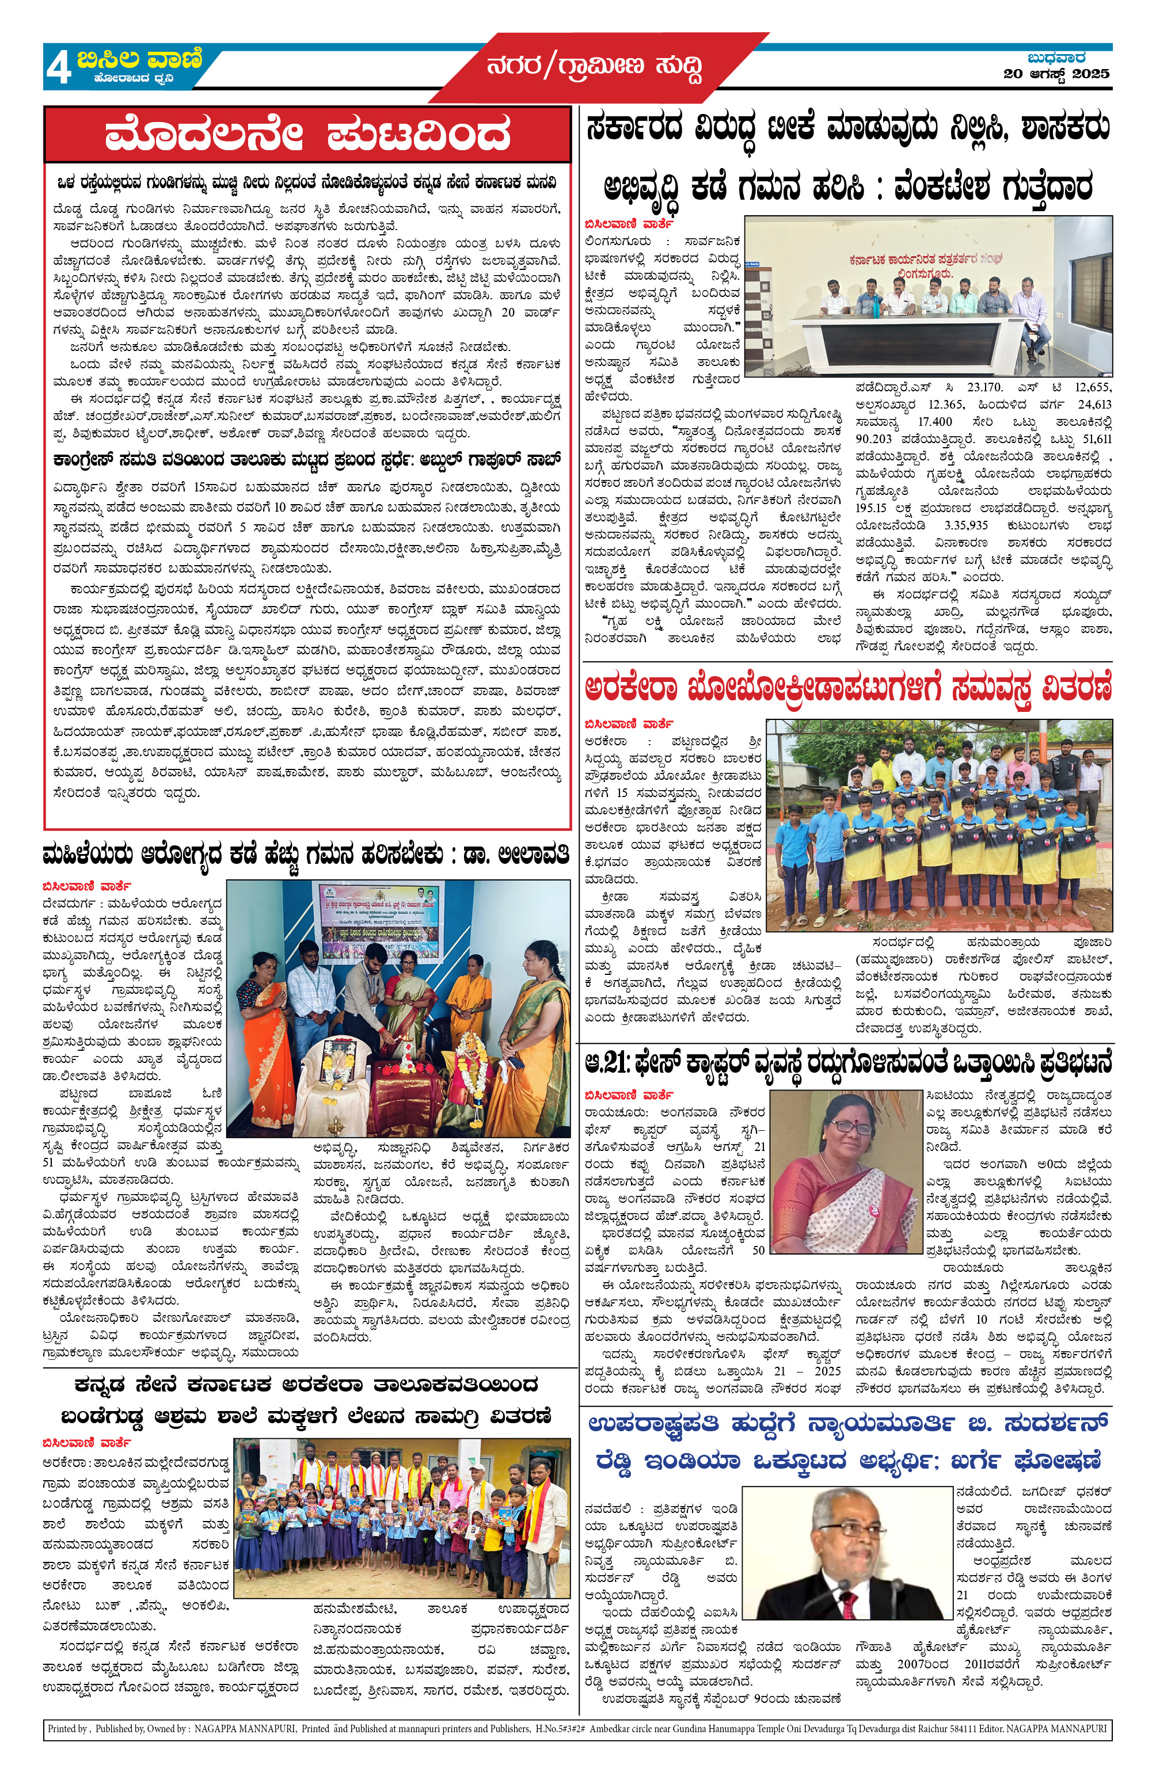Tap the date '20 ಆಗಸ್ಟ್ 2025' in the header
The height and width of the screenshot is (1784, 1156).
(1056, 74)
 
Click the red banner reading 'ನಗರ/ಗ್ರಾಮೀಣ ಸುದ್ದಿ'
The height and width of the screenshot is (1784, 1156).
(595, 67)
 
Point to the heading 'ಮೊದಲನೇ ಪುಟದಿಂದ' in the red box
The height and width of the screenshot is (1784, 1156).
(307, 135)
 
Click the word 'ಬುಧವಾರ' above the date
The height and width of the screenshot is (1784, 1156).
(1056, 57)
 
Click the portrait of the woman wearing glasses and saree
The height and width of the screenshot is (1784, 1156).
(846, 1171)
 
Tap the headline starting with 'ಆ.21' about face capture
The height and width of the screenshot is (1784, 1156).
(847, 1063)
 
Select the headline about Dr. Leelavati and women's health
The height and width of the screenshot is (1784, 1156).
(306, 855)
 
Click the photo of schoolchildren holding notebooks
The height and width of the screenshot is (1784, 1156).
(401, 1517)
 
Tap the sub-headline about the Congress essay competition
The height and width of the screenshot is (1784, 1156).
(306, 459)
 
